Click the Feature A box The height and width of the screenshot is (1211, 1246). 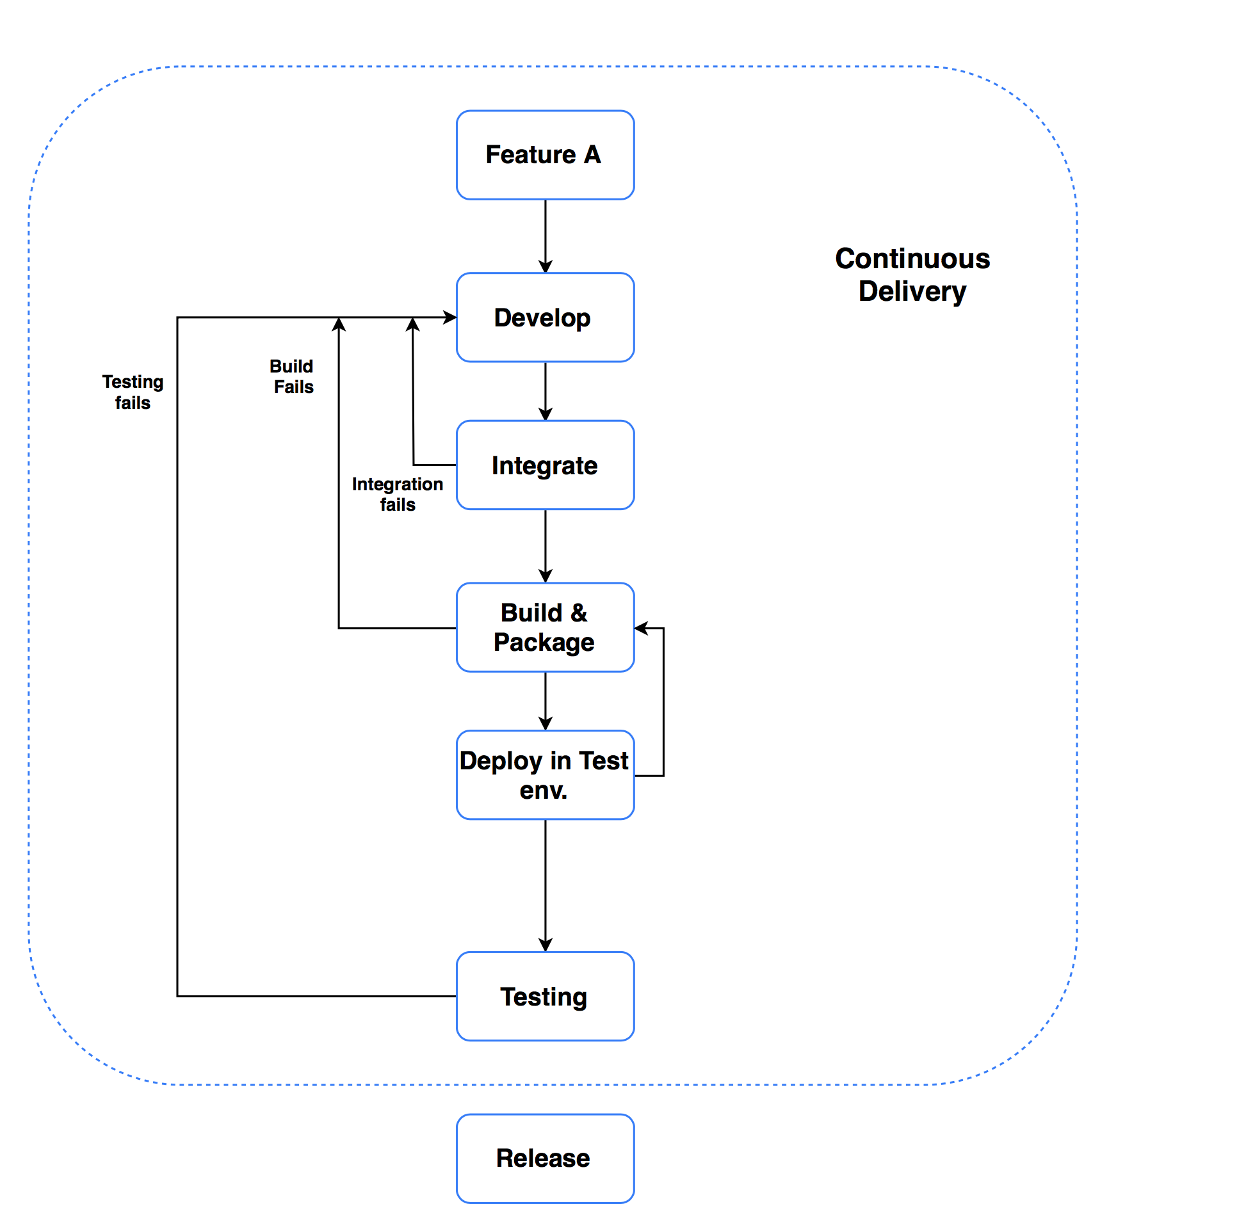pos(545,155)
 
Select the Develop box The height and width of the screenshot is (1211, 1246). pos(545,317)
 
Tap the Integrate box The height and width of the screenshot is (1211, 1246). pos(545,465)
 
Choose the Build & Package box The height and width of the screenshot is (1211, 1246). pos(545,627)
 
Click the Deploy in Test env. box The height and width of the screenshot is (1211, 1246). pos(545,774)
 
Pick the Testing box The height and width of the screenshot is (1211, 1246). pos(545,996)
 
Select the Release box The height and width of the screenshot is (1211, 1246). pos(545,1159)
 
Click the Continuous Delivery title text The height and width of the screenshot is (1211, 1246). pos(912,275)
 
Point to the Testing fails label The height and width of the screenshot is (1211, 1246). pos(133,392)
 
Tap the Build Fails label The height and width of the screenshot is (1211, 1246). pos(292,376)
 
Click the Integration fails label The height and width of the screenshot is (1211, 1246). pos(398,494)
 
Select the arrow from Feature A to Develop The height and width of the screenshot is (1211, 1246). pos(545,236)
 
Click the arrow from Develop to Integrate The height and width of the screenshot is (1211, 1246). pos(545,391)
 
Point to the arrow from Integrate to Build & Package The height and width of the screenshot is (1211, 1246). pos(545,546)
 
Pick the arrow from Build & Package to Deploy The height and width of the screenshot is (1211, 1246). pos(545,701)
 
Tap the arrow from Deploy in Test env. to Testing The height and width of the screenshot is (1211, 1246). pos(545,885)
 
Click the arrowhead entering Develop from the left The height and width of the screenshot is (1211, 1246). pos(450,317)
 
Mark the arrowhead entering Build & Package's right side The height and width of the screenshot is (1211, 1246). pos(642,628)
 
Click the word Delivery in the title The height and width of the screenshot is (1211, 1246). pos(912,292)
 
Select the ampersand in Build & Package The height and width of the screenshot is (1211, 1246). pos(579,613)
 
